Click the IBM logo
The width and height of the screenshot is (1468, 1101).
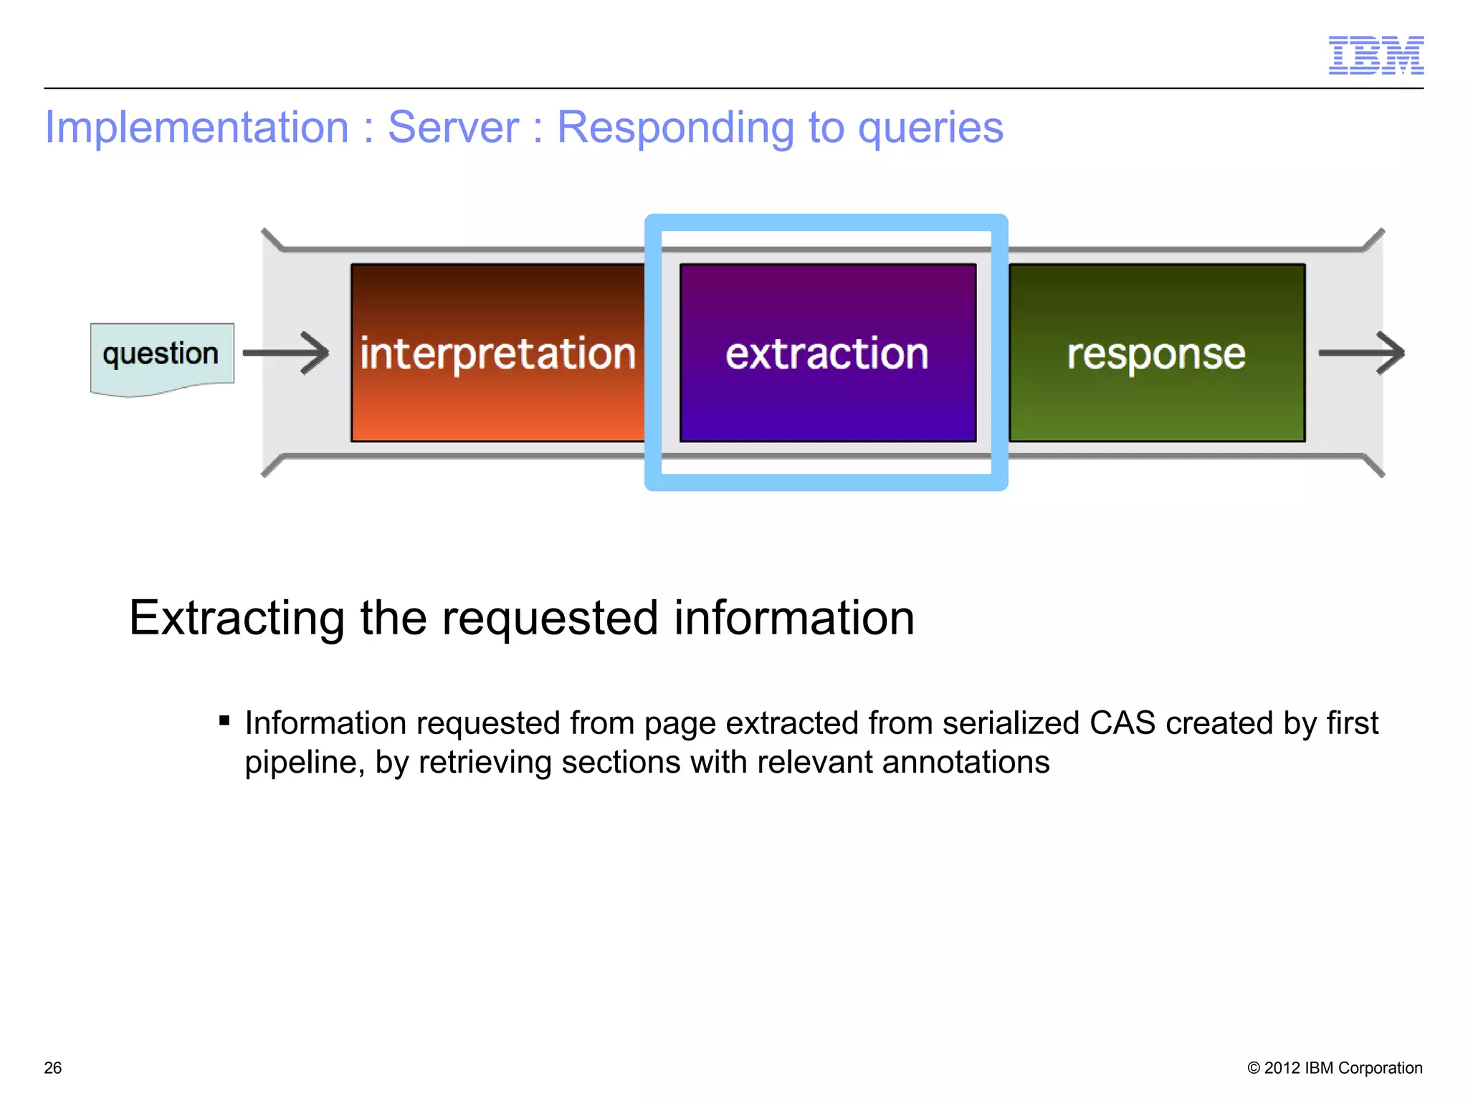coord(1376,55)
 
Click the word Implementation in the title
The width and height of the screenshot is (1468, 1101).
coord(196,128)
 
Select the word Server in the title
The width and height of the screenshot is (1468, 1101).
coord(453,128)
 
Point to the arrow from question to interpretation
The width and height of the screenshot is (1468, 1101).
coord(286,353)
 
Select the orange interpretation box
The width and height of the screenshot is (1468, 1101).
coord(497,353)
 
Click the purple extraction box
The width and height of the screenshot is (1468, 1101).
coord(827,353)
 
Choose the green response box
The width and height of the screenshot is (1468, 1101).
coord(1156,353)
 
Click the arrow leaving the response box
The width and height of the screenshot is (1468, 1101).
coord(1361,353)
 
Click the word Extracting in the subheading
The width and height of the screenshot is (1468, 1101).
coord(237,618)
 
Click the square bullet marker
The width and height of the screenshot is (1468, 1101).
coord(224,720)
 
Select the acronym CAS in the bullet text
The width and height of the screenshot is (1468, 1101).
coord(1122,723)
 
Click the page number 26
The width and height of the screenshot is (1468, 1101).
coord(53,1067)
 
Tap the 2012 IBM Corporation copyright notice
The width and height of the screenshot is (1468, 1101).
coord(1335,1067)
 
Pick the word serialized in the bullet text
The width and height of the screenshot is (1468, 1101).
coord(1010,723)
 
